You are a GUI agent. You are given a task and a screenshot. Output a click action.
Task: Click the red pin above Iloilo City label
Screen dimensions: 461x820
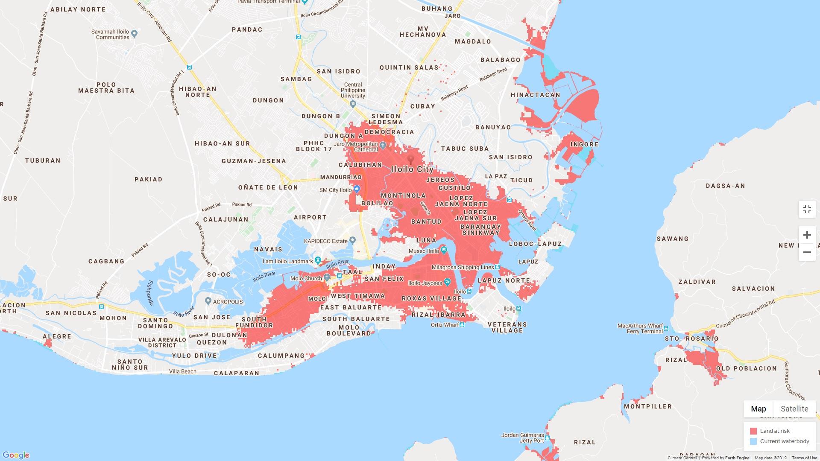tap(410, 159)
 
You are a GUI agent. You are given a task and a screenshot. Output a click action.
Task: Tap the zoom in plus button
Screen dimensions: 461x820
tap(807, 235)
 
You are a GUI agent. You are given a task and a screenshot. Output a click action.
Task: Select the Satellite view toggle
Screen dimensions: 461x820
tap(794, 408)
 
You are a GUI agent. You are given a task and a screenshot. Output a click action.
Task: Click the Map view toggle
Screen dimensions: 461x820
tap(758, 408)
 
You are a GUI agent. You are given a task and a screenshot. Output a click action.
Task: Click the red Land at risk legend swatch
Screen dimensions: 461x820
tap(753, 431)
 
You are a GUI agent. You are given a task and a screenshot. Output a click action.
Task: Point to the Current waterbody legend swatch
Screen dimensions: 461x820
tap(753, 441)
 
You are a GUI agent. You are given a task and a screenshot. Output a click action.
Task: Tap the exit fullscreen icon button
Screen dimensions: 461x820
tap(807, 209)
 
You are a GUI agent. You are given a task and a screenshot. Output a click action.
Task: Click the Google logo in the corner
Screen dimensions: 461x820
tap(16, 455)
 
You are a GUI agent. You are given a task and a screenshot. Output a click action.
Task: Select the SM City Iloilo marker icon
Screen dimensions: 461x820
tap(357, 189)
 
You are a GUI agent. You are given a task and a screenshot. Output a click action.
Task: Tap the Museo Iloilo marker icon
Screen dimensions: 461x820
tap(444, 250)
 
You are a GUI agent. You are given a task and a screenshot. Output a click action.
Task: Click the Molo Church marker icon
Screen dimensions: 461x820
tap(327, 277)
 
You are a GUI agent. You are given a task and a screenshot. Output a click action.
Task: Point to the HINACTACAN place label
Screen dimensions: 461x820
tap(536, 95)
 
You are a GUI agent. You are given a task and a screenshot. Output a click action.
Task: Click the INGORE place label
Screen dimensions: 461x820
tap(584, 144)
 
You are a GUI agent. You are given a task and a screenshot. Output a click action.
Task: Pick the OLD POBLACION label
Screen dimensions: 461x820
tap(746, 368)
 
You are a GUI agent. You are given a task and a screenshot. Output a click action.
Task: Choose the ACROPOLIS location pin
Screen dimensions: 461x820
tap(208, 301)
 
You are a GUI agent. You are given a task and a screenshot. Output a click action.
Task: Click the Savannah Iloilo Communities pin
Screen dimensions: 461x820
tap(134, 33)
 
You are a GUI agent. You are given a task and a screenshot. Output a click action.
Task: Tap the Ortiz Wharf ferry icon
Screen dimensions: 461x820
tap(462, 324)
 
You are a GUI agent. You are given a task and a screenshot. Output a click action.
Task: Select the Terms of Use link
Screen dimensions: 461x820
tap(804, 458)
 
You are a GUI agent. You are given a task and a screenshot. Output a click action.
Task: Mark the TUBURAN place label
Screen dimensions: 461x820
tap(43, 160)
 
